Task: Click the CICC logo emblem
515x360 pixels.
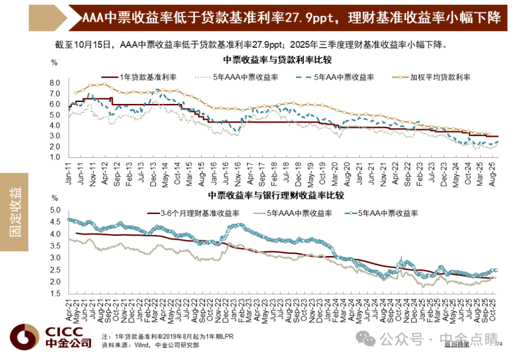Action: click(24, 337)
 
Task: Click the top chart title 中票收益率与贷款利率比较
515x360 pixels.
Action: click(278, 60)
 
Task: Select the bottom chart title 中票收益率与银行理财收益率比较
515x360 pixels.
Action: click(276, 195)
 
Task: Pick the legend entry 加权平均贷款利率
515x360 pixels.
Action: click(431, 77)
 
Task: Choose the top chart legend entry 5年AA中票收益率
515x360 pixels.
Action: click(335, 77)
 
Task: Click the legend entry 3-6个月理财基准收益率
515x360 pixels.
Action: click(193, 213)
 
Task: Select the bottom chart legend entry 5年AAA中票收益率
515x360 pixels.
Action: click(292, 213)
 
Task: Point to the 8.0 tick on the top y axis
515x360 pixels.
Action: click(55, 83)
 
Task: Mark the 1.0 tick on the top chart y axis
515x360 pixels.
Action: click(55, 157)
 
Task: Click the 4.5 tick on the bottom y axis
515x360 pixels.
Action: click(55, 222)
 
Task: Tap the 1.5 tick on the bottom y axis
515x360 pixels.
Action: click(55, 293)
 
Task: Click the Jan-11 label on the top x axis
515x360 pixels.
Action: click(68, 174)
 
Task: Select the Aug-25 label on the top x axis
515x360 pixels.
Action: click(492, 174)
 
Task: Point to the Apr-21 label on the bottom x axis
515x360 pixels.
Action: click(69, 310)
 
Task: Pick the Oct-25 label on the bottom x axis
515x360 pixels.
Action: click(492, 310)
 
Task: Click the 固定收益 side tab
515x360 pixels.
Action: click(14, 212)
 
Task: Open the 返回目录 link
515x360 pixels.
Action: click(457, 344)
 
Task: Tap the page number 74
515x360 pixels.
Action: click(499, 344)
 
